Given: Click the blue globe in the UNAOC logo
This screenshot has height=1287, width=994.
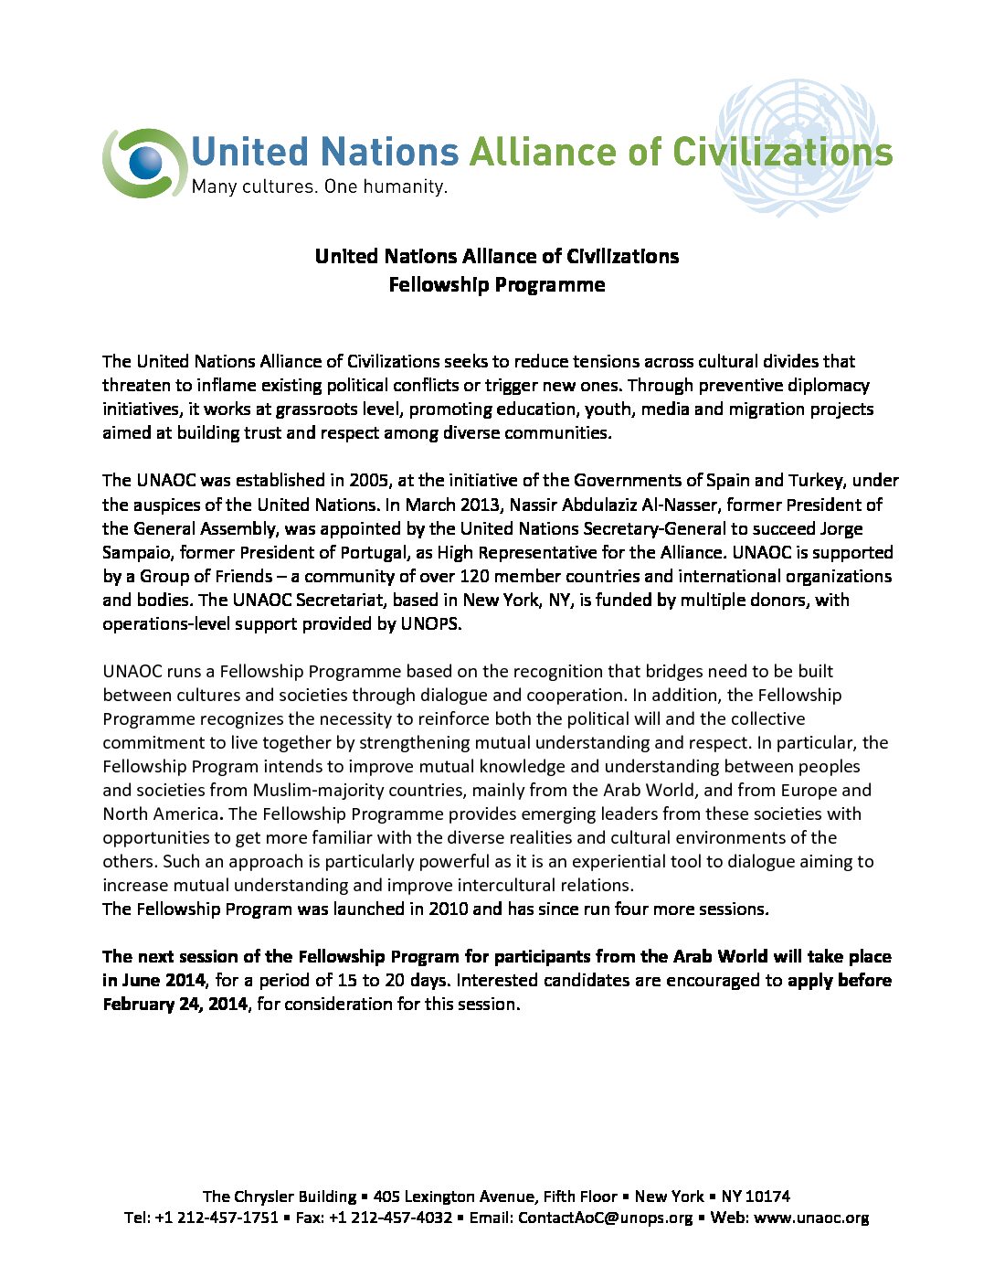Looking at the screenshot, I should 145,164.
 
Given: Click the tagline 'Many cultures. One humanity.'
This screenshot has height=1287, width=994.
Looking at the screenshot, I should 319,187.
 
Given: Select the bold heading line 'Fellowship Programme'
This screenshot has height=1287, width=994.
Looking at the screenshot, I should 496,285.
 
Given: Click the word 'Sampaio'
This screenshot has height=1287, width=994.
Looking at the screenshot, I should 136,552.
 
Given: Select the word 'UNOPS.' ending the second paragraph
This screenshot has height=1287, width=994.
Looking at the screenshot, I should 431,624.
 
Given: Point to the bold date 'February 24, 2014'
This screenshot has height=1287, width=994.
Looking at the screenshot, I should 174,1004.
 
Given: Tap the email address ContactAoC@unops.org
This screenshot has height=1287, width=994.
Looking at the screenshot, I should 605,1218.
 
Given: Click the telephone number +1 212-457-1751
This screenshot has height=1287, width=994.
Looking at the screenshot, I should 217,1218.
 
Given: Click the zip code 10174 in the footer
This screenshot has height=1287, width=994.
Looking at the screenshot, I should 767,1197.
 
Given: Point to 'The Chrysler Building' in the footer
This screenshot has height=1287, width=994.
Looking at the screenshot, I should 280,1197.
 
